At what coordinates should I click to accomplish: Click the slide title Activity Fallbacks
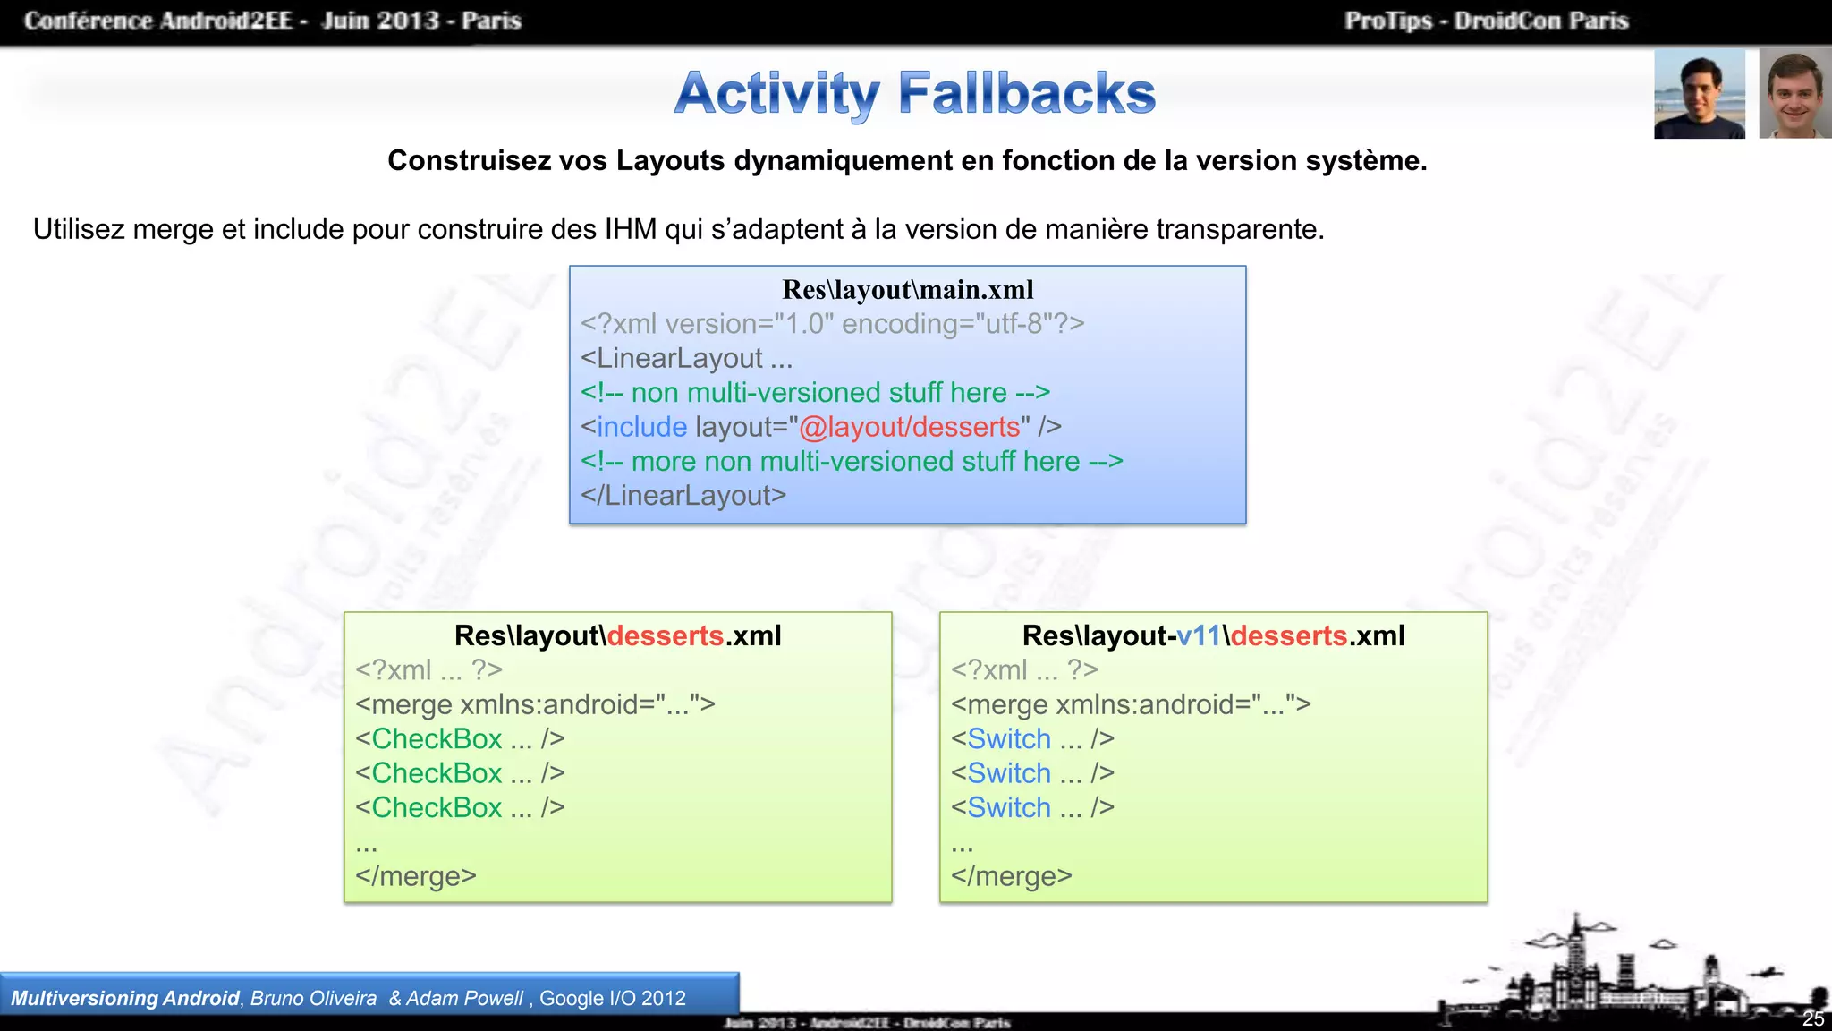coord(914,93)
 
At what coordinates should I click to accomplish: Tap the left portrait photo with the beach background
coord(1699,94)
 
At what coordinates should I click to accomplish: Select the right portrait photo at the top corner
coord(1794,94)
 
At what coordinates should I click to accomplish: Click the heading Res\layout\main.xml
coord(907,290)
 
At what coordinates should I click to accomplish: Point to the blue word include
coord(641,427)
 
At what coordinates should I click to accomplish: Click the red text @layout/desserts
coord(909,427)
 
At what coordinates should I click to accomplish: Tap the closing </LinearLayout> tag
coord(683,496)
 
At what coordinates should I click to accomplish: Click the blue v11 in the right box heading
coord(1199,635)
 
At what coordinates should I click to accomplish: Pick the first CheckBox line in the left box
coord(460,739)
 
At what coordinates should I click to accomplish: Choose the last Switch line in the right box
coord(1032,808)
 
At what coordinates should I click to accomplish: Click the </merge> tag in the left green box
coord(416,876)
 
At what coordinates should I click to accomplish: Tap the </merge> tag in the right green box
coord(1012,876)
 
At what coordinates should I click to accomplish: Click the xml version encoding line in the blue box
coord(832,324)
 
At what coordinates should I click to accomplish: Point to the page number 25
coord(1813,1018)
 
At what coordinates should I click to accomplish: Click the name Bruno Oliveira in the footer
coord(313,999)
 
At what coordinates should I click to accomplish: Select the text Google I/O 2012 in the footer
coord(613,999)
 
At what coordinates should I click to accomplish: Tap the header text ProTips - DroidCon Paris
coord(1486,21)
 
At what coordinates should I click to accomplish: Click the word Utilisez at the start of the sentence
coord(79,230)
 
